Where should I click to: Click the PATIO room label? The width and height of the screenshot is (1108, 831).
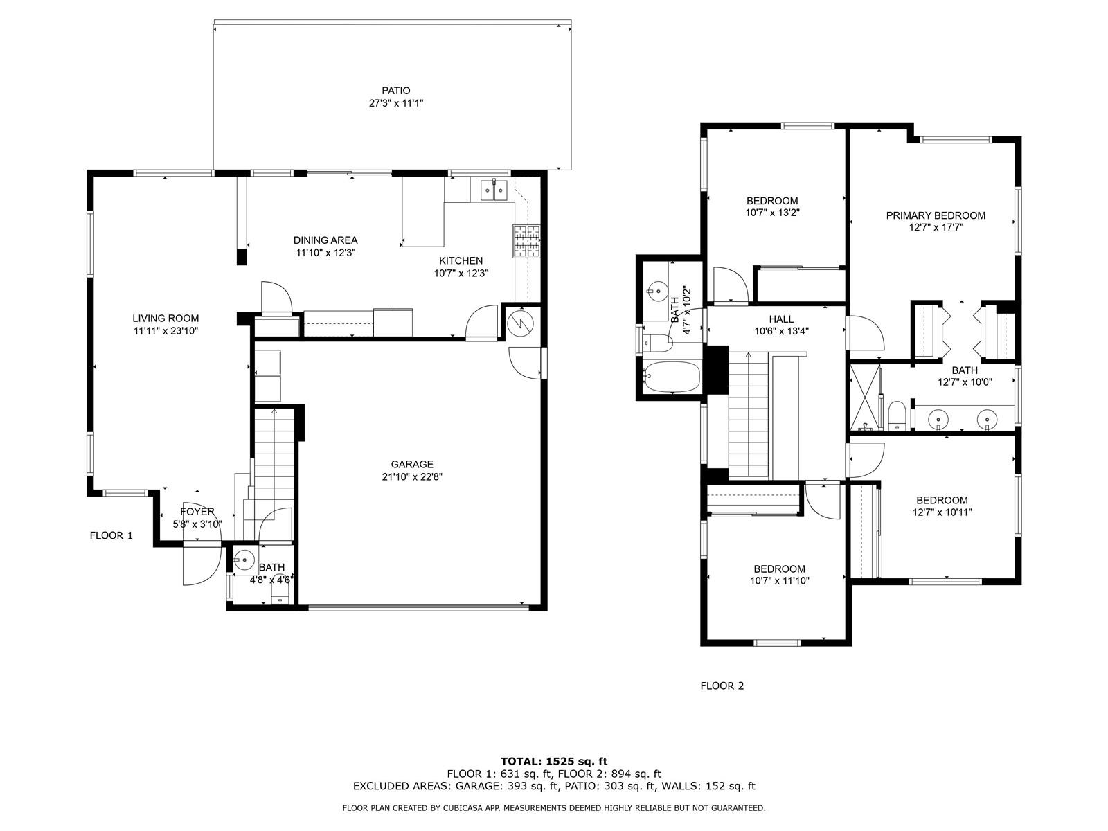[395, 91]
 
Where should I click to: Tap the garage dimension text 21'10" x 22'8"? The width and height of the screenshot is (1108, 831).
[412, 477]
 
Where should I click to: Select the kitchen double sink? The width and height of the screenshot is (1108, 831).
[492, 190]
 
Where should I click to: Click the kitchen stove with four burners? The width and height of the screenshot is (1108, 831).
[526, 241]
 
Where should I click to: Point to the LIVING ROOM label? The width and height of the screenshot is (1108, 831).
[166, 319]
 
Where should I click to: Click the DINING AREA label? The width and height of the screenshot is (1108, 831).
[325, 240]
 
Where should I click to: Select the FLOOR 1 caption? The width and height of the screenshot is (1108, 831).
[111, 536]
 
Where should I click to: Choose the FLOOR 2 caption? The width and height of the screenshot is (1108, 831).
[722, 686]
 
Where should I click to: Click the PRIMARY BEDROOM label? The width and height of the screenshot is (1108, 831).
[936, 215]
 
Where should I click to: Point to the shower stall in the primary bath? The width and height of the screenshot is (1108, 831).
[865, 397]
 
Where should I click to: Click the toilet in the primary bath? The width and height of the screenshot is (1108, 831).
[897, 415]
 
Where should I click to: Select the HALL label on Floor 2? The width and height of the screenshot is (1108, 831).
[781, 319]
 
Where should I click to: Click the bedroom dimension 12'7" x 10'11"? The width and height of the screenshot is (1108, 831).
[942, 512]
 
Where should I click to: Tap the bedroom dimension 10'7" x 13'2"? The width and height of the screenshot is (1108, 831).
[772, 213]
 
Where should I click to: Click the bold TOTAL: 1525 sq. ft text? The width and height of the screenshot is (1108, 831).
[554, 761]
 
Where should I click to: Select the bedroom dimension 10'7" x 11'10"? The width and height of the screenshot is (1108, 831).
[779, 581]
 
